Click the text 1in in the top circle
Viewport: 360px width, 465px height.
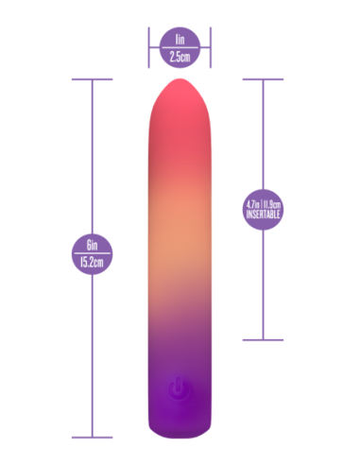180,41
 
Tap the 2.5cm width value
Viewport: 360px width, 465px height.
180,56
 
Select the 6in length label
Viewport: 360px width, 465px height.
93,249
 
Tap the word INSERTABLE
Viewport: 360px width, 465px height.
264,215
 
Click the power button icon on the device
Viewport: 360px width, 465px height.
179,387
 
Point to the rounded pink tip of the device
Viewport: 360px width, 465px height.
180,95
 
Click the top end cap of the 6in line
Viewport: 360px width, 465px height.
93,79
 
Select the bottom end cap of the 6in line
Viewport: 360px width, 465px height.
93,437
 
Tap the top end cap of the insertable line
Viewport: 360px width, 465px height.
264,79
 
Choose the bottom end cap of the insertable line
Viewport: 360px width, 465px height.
264,338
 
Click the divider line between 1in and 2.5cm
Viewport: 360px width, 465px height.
180,48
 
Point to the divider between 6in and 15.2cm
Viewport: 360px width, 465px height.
93,256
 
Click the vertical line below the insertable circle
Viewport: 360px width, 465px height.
264,284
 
